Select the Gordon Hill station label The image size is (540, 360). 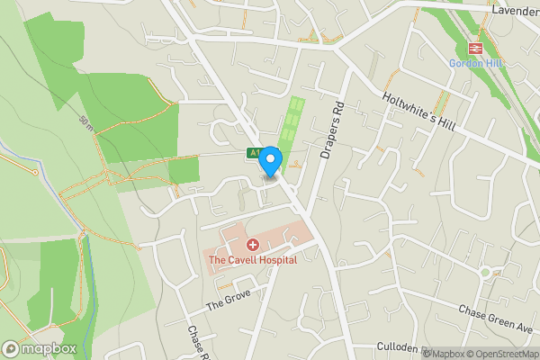[x=476, y=64]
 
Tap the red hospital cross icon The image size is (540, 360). [x=253, y=245]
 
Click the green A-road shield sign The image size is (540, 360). [x=255, y=155]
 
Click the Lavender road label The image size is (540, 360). [x=516, y=12]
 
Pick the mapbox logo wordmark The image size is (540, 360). [x=39, y=348]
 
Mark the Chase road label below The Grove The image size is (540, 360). [x=197, y=340]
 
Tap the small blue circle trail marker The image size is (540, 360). [x=36, y=171]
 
